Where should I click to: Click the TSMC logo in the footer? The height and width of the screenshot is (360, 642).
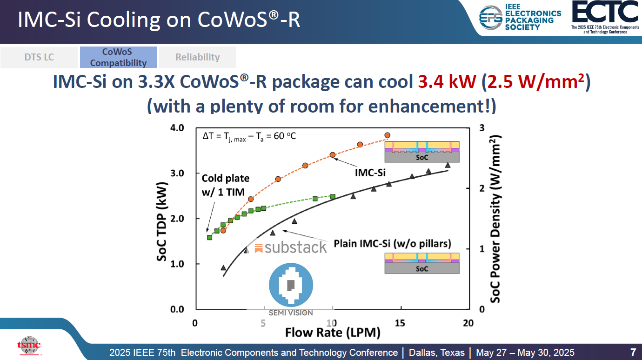[x=29, y=345]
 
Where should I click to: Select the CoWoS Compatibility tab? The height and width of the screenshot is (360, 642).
[x=118, y=57]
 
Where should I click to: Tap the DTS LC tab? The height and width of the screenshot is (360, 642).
[x=39, y=57]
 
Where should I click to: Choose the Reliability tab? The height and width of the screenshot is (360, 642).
[x=197, y=57]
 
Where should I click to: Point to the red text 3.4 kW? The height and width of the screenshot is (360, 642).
[x=447, y=82]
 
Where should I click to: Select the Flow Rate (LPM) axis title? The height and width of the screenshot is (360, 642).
[x=332, y=333]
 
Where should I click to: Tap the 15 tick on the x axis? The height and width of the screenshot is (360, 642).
[x=400, y=323]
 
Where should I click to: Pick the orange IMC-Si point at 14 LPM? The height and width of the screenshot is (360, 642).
[x=387, y=135]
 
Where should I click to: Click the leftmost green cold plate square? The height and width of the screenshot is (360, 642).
[x=210, y=237]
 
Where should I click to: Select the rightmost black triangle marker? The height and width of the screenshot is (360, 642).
[x=448, y=165]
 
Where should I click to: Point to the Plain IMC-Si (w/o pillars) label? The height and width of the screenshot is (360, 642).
[x=392, y=244]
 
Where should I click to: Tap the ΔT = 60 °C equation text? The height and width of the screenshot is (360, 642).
[x=249, y=136]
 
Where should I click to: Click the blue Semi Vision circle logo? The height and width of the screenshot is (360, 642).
[x=291, y=284]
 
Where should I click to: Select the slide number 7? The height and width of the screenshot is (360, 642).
[x=633, y=352]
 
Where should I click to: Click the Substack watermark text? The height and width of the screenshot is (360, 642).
[x=291, y=247]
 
